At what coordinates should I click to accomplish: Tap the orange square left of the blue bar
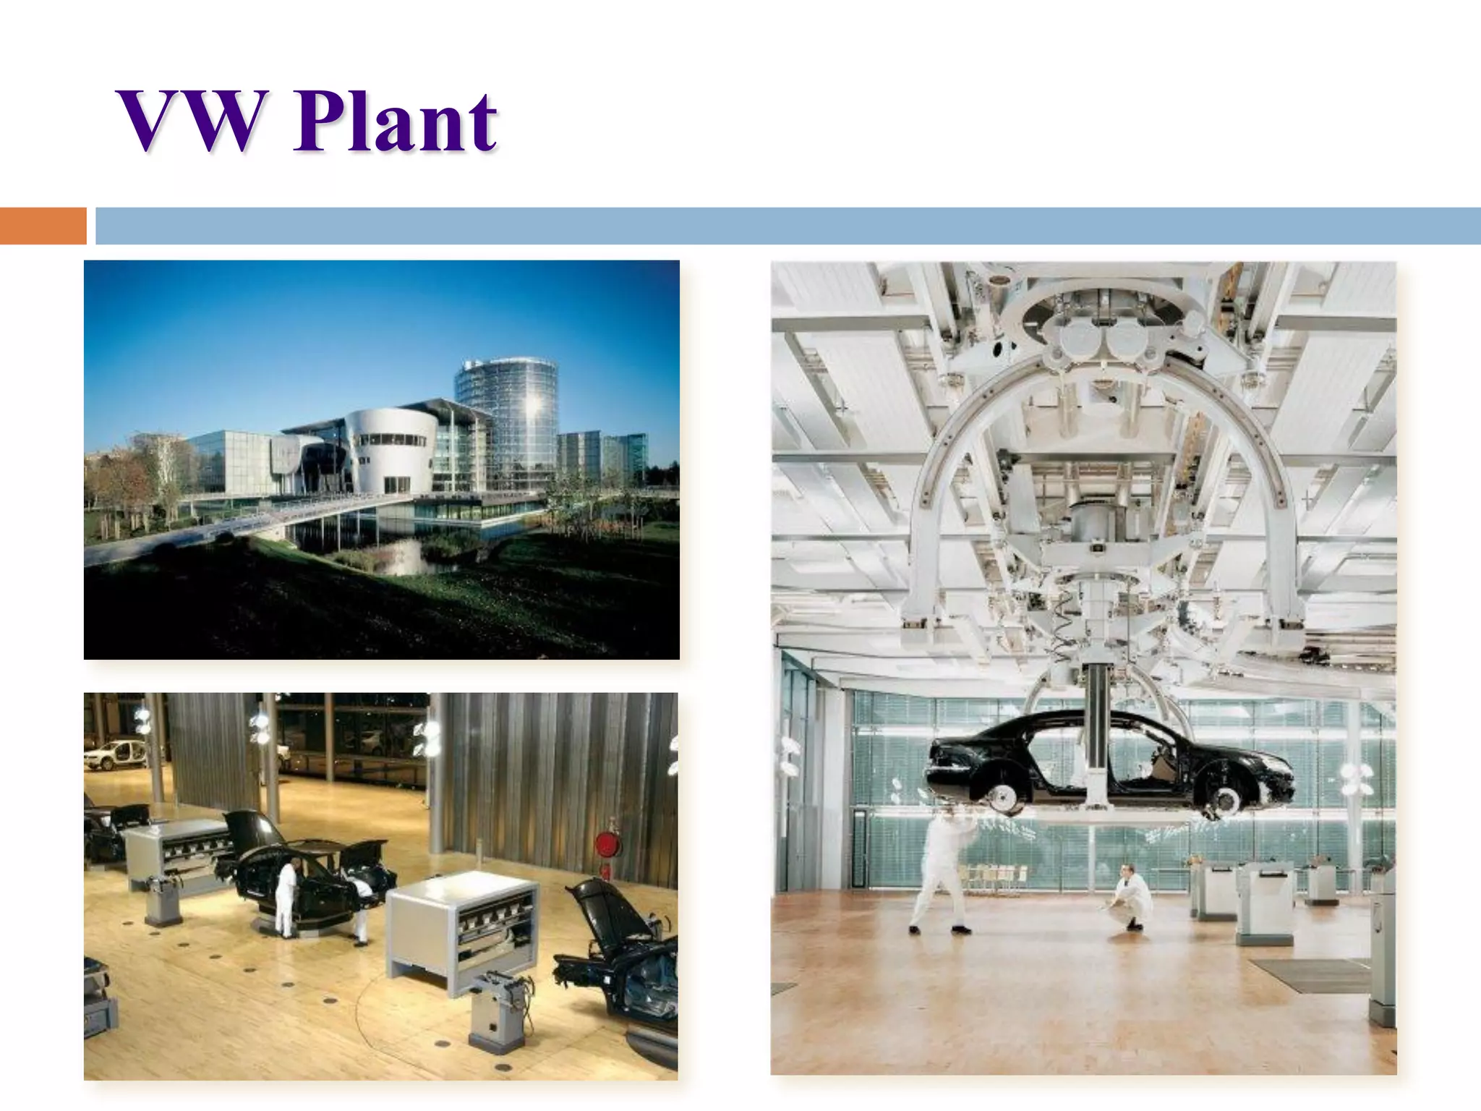tap(43, 226)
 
